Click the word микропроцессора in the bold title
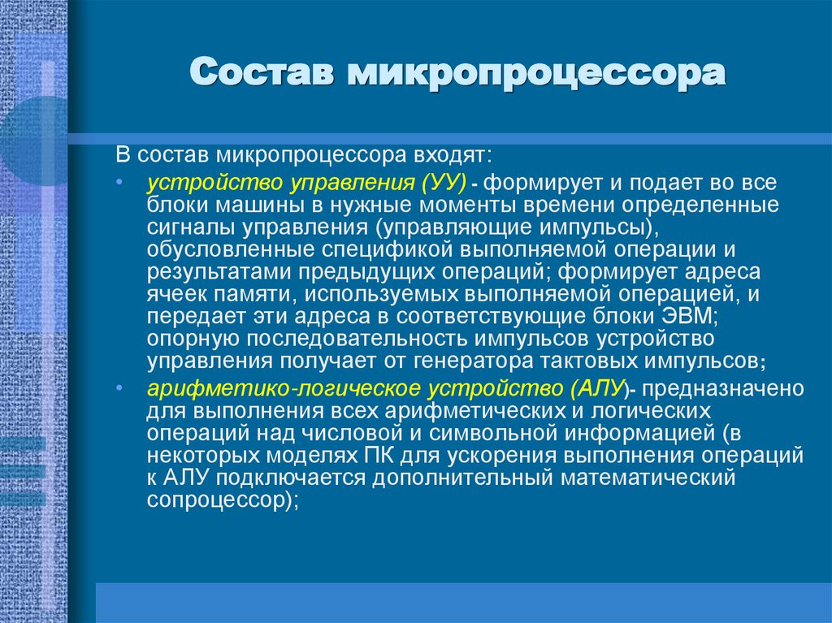click(536, 74)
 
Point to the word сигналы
click(185, 226)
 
